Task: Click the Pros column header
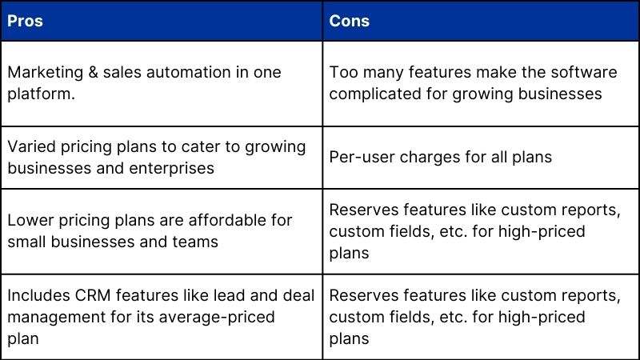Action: pos(25,21)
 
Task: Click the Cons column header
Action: pos(350,21)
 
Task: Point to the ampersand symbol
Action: pos(94,72)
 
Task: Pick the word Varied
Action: pos(30,146)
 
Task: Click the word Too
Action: pos(342,72)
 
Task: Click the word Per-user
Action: pos(359,157)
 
